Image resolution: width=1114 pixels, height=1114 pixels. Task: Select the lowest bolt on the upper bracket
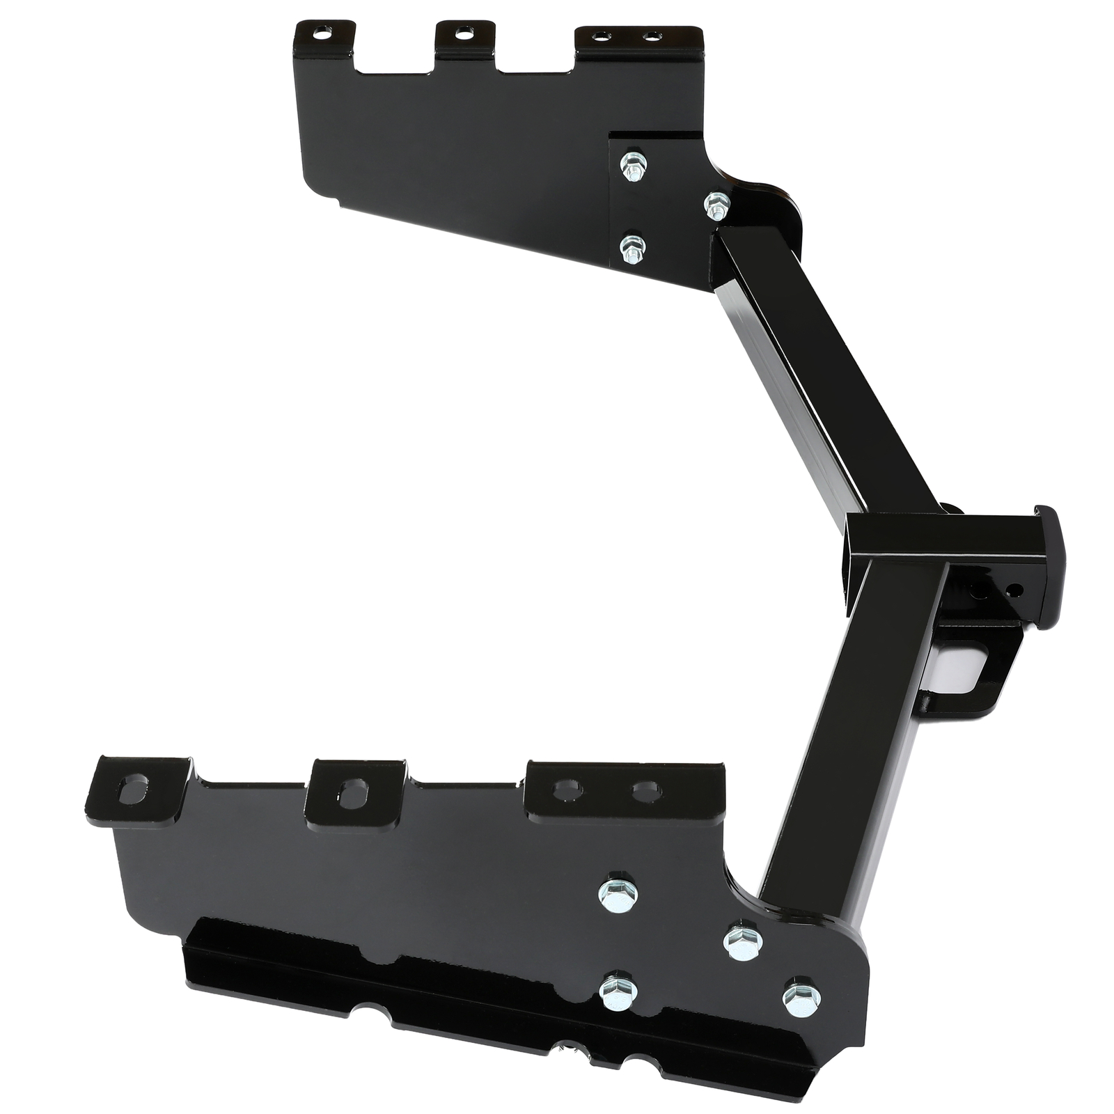click(x=631, y=247)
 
